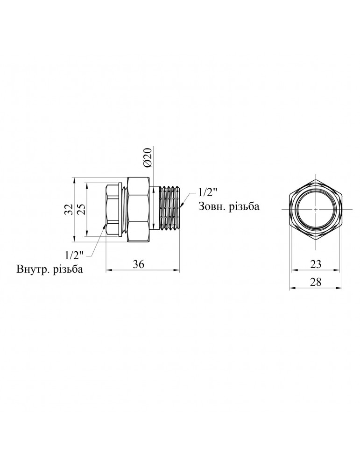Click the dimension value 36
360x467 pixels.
pyautogui.click(x=139, y=264)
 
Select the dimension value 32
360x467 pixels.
pyautogui.click(x=69, y=209)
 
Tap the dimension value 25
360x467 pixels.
pyautogui.click(x=81, y=209)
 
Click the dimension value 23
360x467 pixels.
pyautogui.click(x=316, y=264)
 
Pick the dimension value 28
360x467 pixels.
pyautogui.click(x=316, y=282)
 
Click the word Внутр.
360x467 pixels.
pyautogui.click(x=33, y=269)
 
